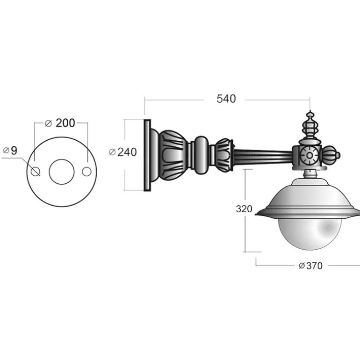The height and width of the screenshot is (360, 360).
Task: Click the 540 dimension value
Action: coord(226,99)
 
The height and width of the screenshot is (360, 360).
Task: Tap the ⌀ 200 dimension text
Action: coord(60,123)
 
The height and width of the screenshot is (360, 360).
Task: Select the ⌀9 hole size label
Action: coord(10,151)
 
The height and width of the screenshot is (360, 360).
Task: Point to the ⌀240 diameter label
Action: coord(123,152)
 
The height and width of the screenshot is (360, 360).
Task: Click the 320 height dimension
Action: coord(244,209)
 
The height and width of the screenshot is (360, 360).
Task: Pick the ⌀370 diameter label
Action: coord(310,266)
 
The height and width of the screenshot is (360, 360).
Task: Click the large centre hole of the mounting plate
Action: coord(62,172)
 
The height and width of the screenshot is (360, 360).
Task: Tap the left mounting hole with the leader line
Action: coord(36,172)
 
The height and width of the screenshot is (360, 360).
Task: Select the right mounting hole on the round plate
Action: coord(87,172)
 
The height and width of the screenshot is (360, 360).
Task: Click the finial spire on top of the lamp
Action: coord(310,127)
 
